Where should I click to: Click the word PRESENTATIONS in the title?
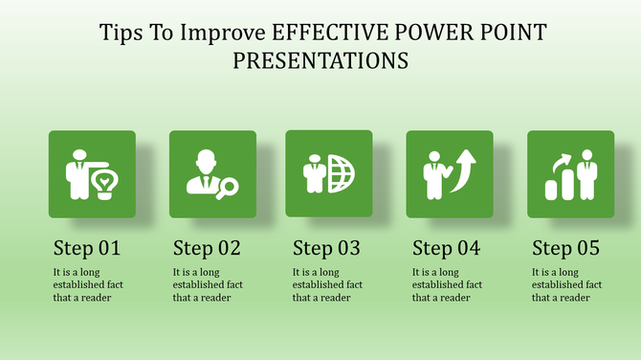[320, 60]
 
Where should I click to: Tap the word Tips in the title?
[122, 33]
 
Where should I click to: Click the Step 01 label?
[87, 249]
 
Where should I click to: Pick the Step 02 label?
[207, 249]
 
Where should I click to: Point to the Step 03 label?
[326, 249]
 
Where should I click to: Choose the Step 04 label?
[446, 249]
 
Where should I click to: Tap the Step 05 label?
[565, 249]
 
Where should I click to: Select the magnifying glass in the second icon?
[228, 189]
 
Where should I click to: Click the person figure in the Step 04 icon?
[436, 172]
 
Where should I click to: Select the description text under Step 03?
[326, 284]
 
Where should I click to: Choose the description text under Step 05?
[565, 284]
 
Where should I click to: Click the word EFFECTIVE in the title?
[327, 33]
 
